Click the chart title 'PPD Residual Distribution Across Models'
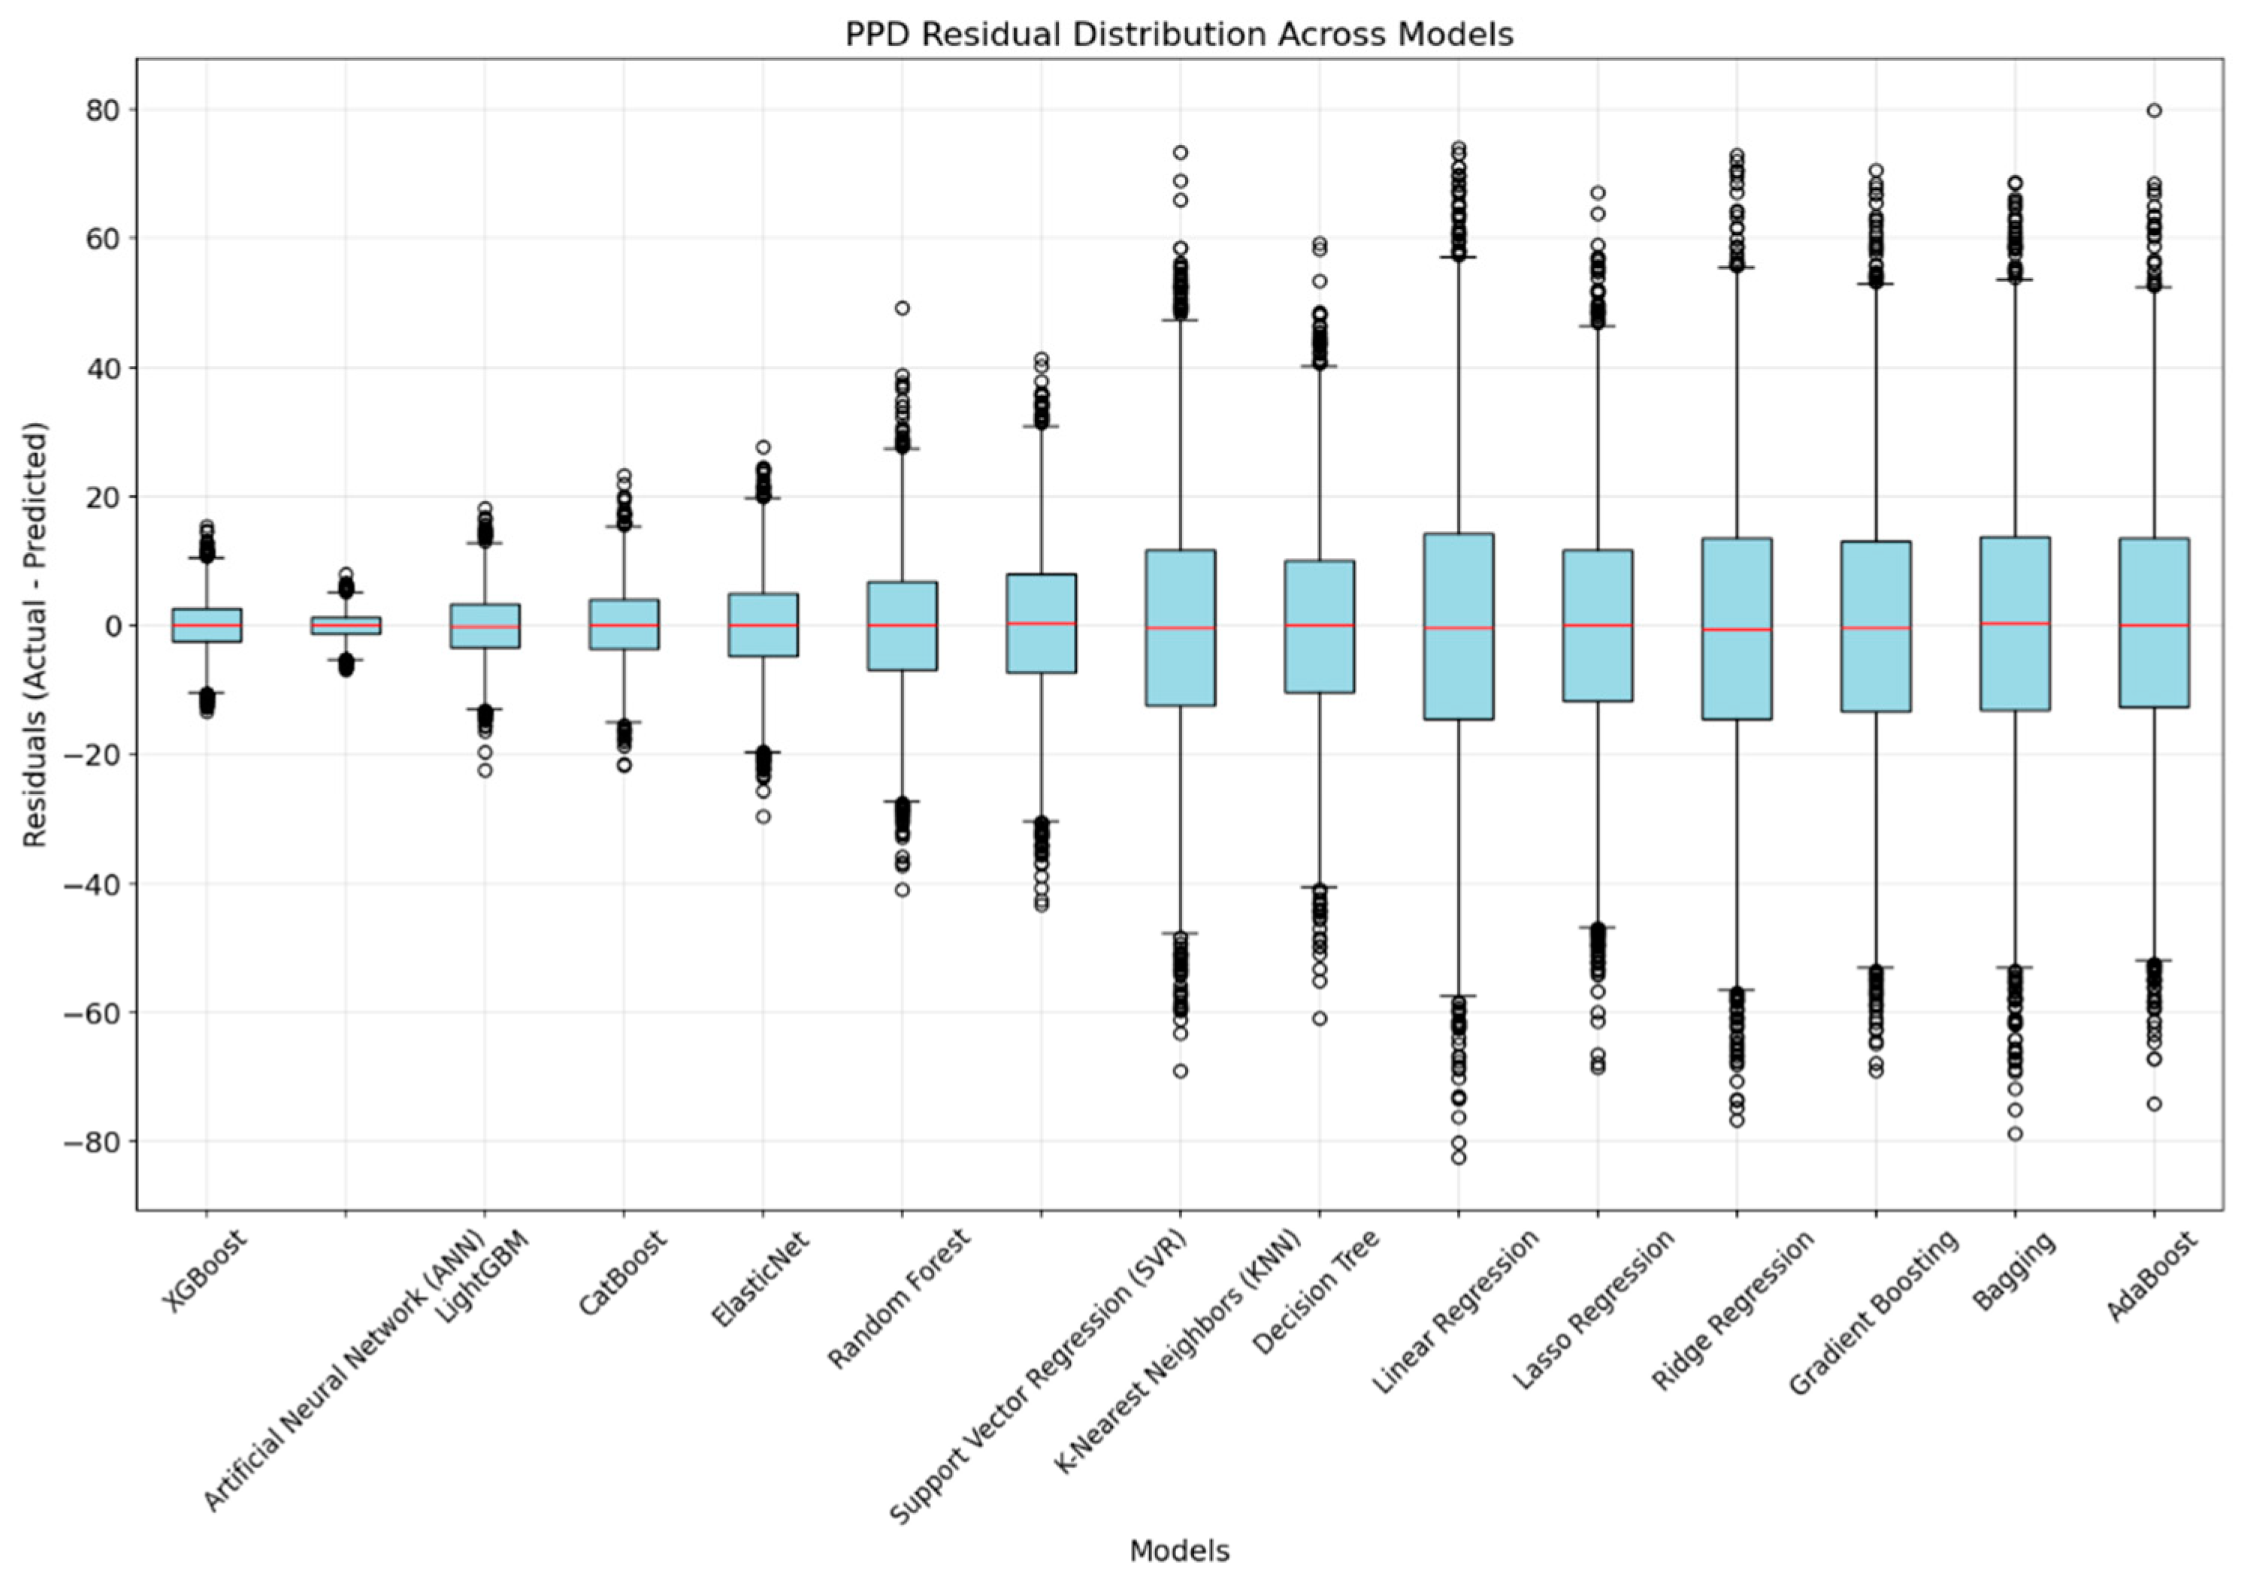1178,35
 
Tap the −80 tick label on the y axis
95,1142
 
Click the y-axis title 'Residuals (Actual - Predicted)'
35,635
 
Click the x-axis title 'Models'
1178,1551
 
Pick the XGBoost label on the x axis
204,1271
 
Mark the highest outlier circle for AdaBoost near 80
2154,110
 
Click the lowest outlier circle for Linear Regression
1458,1158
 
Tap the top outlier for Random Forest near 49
902,308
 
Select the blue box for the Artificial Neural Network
346,625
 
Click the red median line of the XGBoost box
206,625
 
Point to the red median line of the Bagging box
2014,624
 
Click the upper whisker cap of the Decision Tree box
1320,367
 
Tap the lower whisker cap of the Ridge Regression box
1737,989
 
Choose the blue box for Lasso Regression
1597,664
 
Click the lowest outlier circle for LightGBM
485,770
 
